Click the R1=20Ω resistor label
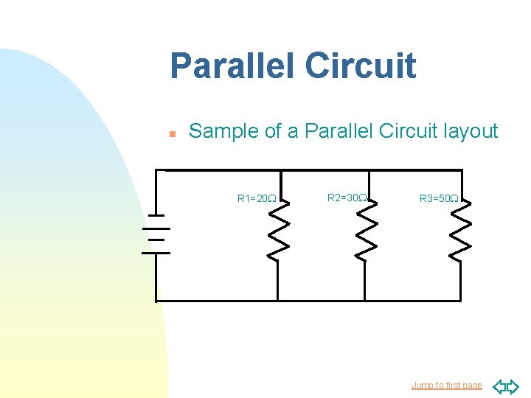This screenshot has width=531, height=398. coord(257,198)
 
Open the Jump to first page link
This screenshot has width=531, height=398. coord(447,385)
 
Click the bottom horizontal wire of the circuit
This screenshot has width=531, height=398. coord(310,301)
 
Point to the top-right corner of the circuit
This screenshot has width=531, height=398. coord(462,170)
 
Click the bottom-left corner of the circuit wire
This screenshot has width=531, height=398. coord(157,301)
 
